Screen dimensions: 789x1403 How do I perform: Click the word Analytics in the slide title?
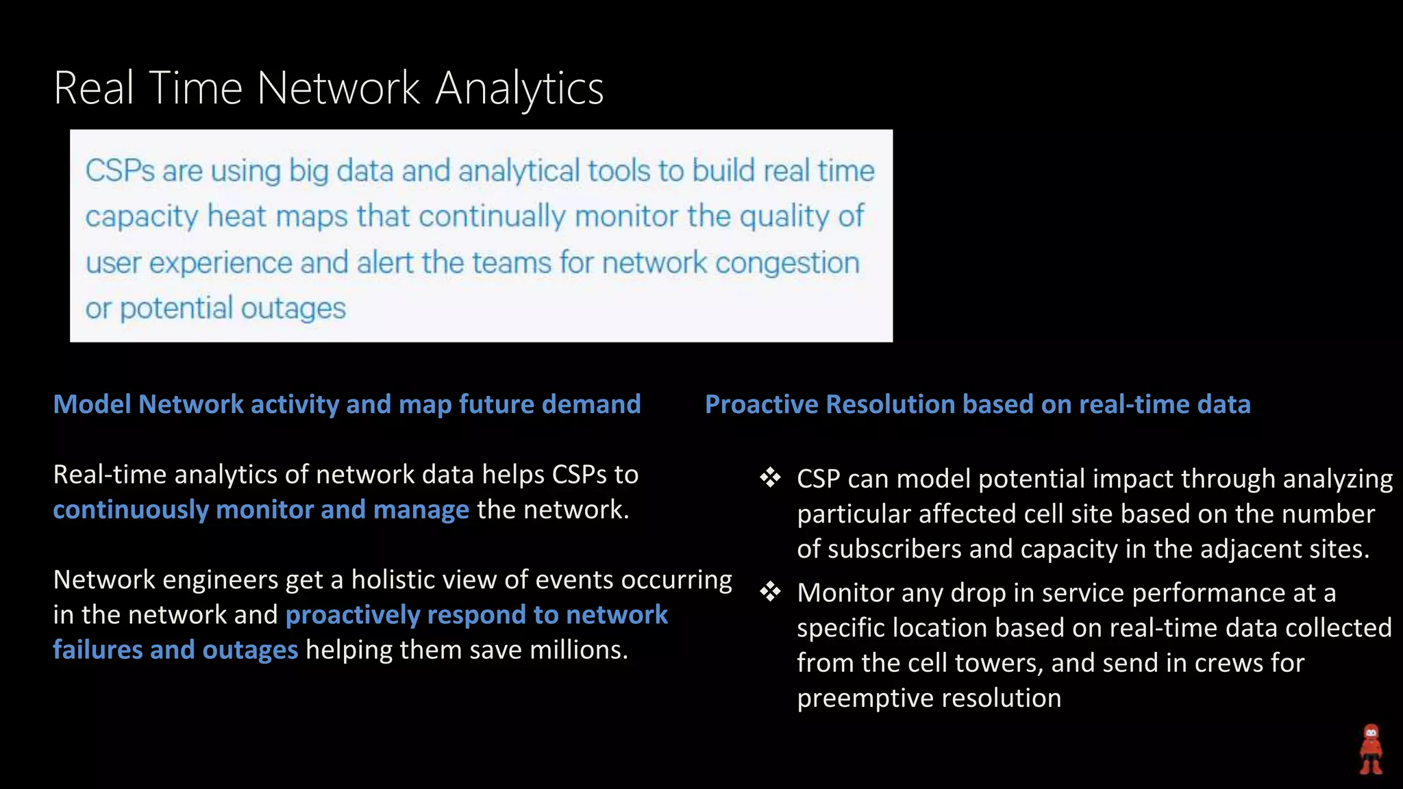coord(519,89)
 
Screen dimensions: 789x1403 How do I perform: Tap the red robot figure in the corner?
coord(1371,749)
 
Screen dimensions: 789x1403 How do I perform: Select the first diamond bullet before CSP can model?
coord(770,477)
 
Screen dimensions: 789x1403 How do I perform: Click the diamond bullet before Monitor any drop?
coord(770,591)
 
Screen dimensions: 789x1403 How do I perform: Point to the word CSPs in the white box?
coord(120,171)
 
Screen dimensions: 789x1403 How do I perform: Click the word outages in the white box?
coord(293,308)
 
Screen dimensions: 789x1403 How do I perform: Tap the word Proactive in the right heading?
coord(761,404)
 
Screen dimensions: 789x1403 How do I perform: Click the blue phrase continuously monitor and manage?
coord(260,510)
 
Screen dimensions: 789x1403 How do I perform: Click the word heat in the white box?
coord(236,216)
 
